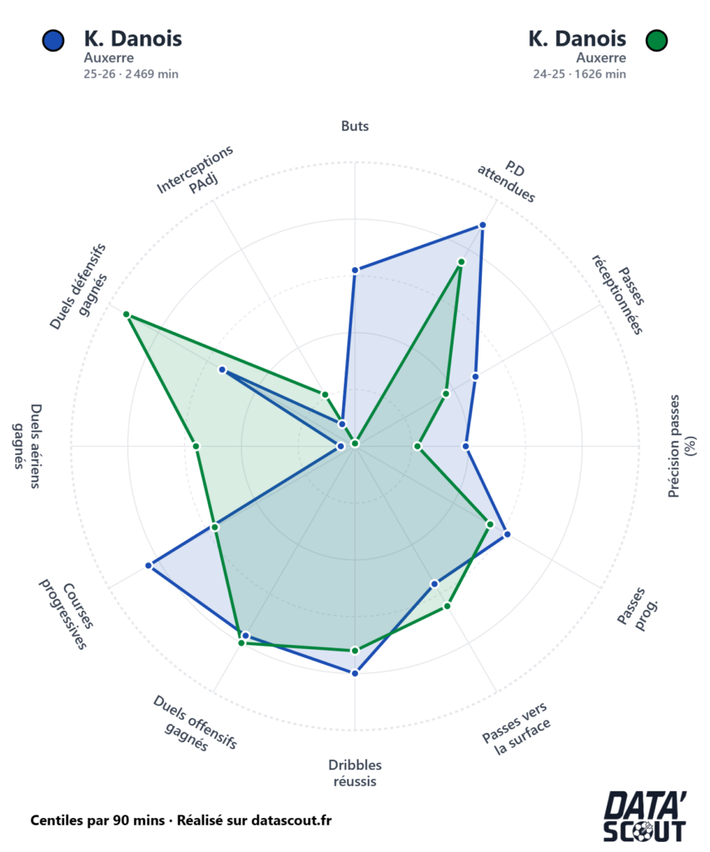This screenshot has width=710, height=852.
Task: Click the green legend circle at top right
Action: click(x=657, y=40)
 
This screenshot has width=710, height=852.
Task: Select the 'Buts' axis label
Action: click(x=355, y=126)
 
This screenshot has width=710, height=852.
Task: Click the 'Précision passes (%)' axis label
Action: click(x=682, y=447)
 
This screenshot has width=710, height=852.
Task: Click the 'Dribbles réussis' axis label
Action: click(x=355, y=773)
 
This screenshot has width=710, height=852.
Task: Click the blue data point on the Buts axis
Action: click(x=355, y=270)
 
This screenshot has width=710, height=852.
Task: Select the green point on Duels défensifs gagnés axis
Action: click(x=127, y=315)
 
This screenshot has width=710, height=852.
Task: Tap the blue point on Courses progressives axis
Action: click(x=149, y=566)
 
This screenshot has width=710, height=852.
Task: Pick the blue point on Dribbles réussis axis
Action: click(x=355, y=672)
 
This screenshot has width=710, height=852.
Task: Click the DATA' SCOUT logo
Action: click(x=644, y=816)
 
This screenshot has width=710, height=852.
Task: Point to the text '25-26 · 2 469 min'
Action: click(x=132, y=74)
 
